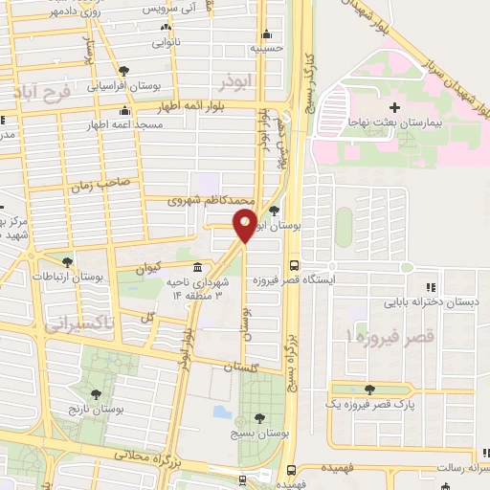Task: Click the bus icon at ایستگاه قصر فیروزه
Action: [x=294, y=267]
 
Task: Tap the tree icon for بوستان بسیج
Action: [x=260, y=417]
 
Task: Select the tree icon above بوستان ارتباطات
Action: [x=66, y=261]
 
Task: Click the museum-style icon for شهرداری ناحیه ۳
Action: [x=197, y=267]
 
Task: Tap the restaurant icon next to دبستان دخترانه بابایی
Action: [x=431, y=287]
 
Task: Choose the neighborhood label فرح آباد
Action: [x=38, y=93]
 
